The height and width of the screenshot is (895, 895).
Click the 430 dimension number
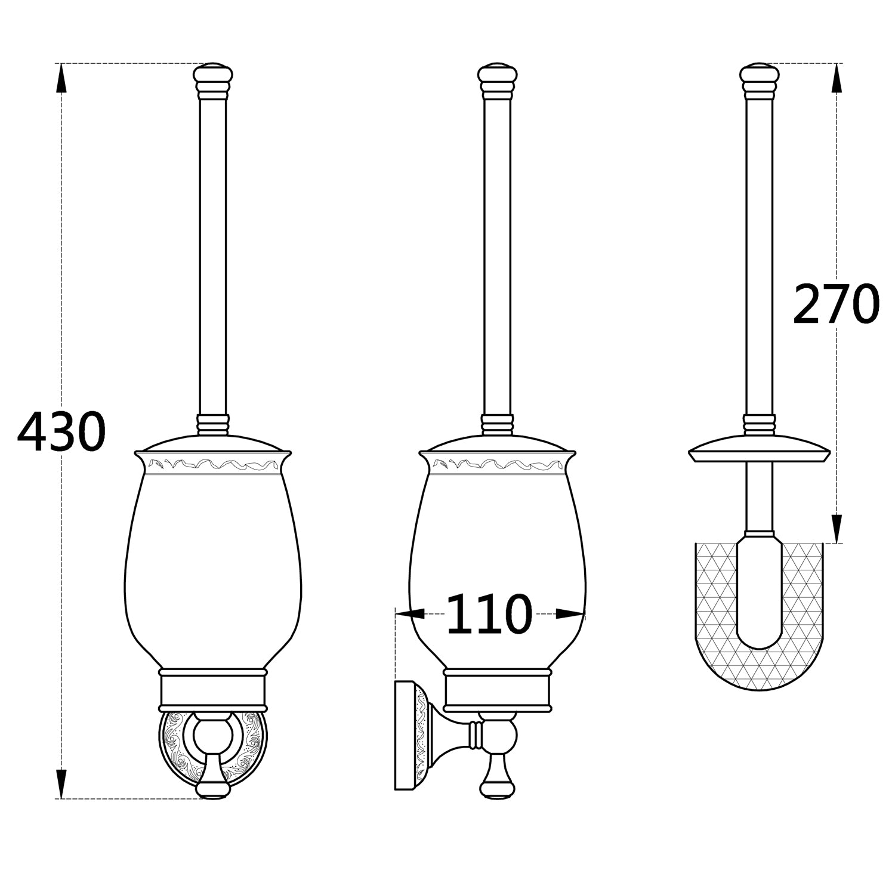[x=61, y=431]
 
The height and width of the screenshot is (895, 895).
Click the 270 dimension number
[x=835, y=304]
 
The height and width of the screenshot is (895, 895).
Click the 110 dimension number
[x=489, y=614]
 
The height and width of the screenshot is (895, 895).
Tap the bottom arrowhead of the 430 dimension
[x=61, y=783]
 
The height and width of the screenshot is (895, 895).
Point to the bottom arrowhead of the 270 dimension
[x=837, y=529]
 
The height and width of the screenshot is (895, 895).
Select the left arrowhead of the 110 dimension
[x=410, y=613]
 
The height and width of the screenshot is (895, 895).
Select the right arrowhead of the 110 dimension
[x=570, y=613]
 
